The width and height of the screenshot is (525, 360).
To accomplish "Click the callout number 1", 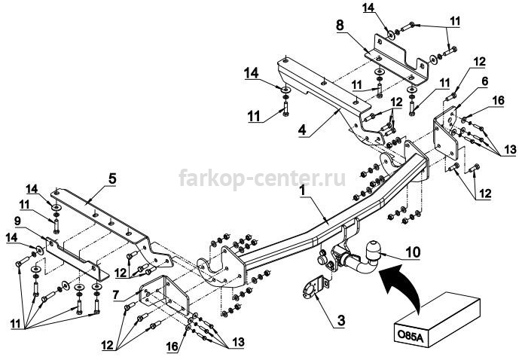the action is pos(302,191).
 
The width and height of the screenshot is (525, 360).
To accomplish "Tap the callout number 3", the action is pos(341,321).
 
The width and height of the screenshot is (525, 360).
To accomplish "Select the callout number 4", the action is pos(302,130).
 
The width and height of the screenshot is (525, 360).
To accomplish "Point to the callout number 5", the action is pos(112,178).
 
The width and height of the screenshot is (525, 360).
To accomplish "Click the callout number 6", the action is pos(485,81).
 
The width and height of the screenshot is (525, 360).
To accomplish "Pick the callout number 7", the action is pos(115,295).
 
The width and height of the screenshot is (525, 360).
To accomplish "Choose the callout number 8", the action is pos(340,26).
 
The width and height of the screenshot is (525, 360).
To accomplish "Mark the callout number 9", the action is pos(17,221).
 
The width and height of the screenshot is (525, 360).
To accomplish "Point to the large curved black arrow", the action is pos(401,285).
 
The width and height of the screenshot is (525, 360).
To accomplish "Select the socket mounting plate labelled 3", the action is pos(313,288).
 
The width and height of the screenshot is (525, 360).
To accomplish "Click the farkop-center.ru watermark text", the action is pos(262,177).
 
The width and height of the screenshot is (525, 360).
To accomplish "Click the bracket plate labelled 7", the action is pos(165,294).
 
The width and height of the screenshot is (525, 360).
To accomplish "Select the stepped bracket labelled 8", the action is pos(398,59).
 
